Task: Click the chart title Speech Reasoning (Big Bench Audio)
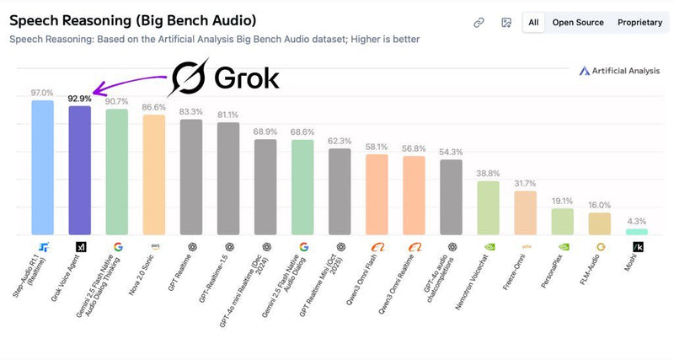pyautogui.click(x=132, y=19)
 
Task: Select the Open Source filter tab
pyautogui.click(x=578, y=23)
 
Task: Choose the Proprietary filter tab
pyautogui.click(x=639, y=23)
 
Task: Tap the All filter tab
pyautogui.click(x=532, y=23)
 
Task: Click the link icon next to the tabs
pyautogui.click(x=479, y=23)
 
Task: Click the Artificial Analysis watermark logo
pyautogui.click(x=619, y=71)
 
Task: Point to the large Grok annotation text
pyautogui.click(x=226, y=78)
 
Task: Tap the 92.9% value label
pyautogui.click(x=79, y=99)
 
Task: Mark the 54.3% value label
pyautogui.click(x=451, y=152)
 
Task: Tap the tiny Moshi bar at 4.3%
pyautogui.click(x=637, y=231)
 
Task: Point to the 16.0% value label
pyautogui.click(x=600, y=205)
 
